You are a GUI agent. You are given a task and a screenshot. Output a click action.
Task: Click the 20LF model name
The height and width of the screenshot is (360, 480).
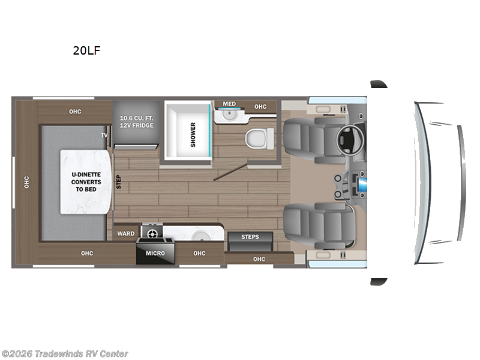point(86,50)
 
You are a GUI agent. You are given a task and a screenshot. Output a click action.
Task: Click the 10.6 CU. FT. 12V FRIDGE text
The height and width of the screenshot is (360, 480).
point(136,121)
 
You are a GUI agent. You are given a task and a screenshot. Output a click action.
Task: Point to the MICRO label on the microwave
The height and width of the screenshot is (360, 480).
point(155,253)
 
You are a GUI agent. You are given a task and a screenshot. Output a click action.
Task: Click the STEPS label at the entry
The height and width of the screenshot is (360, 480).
point(250,237)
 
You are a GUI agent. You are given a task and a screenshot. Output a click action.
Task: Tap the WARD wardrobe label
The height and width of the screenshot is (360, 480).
point(126,233)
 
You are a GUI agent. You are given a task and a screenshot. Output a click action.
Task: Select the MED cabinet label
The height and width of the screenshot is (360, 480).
point(229,104)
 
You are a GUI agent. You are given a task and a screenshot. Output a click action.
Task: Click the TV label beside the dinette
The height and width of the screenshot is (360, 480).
point(104,136)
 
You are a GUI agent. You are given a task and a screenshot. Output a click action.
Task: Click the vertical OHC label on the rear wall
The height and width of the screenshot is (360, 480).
point(26,182)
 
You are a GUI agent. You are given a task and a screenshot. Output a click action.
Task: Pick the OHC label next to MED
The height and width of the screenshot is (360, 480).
point(260,107)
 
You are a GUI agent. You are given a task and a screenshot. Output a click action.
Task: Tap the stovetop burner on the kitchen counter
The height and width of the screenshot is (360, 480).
point(152,232)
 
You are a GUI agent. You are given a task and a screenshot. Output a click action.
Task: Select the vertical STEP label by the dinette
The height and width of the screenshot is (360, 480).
point(118,182)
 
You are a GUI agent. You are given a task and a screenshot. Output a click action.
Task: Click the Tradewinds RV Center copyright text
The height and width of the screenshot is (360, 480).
point(65,354)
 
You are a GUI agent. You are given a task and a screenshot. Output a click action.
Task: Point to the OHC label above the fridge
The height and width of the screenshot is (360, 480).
point(74,111)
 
